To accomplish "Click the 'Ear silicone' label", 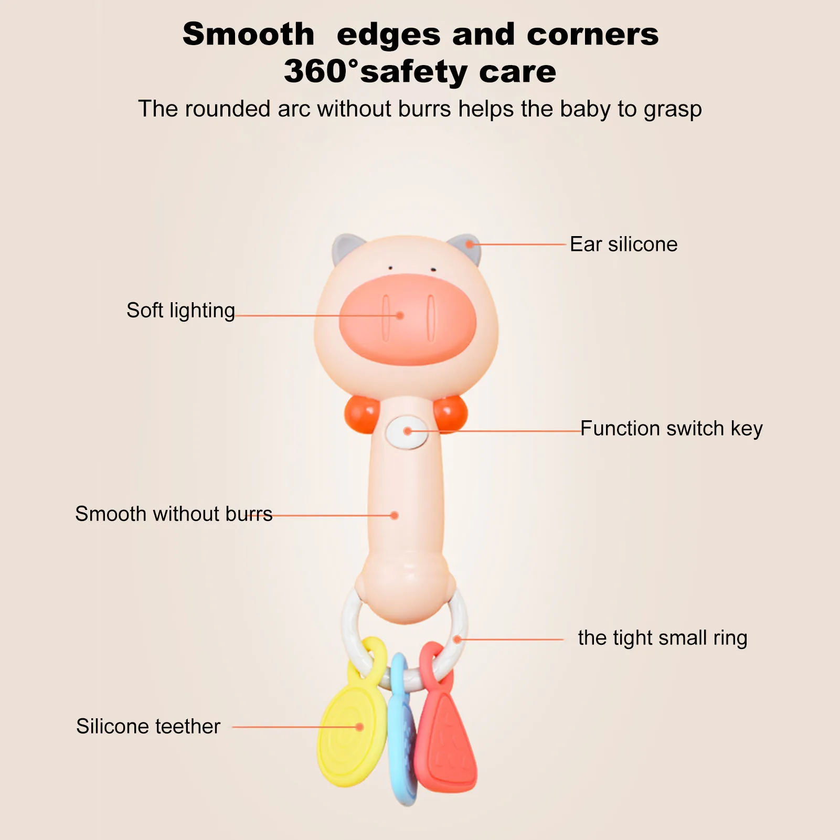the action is (624, 244).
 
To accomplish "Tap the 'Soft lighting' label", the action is (180, 311).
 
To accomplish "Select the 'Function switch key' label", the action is (671, 429).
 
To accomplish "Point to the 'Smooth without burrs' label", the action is (174, 514).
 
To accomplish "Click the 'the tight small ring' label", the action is (663, 638).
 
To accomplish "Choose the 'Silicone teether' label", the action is (148, 727).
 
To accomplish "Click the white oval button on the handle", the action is (407, 432).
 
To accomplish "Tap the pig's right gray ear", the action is (465, 247).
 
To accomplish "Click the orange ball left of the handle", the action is (361, 414).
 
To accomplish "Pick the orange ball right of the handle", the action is (450, 412).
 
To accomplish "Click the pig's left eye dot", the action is (390, 268).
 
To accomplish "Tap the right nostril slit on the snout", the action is (431, 318).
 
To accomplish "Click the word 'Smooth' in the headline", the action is (248, 35).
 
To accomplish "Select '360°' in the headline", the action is (321, 71).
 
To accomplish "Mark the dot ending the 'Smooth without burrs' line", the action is (395, 516).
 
